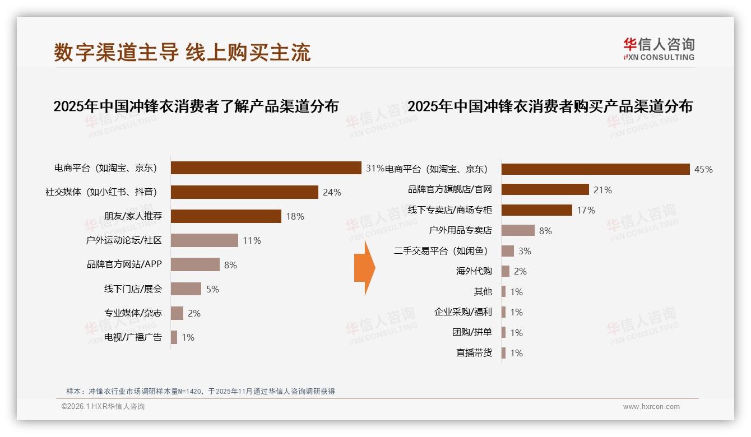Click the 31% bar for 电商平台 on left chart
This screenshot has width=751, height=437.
coord(266,168)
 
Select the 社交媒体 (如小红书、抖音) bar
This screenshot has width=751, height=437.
coord(244,192)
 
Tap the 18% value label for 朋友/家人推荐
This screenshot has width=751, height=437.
coord(295,216)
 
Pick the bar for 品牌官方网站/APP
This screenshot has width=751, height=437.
coord(195,264)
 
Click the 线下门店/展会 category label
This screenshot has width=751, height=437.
coord(133,289)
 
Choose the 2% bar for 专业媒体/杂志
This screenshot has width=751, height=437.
coord(177,313)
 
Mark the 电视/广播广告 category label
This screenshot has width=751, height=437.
coord(133,337)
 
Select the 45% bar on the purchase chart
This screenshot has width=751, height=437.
coord(595,169)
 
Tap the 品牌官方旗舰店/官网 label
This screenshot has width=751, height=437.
coord(449,189)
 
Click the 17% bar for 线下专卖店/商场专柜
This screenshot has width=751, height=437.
coord(536,210)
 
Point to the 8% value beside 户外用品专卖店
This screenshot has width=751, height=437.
coord(545,230)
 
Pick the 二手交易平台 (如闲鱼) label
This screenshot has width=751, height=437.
coord(442,251)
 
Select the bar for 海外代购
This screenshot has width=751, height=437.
coord(505,271)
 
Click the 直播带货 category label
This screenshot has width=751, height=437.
coord(474,353)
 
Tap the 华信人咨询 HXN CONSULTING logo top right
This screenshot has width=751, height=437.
coord(659,49)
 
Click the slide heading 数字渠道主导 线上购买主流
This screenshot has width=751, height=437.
coord(182,52)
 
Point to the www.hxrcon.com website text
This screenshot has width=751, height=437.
coord(651,407)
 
